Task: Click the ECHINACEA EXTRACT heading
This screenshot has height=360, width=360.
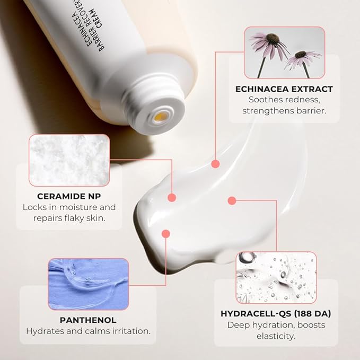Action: (x=284, y=89)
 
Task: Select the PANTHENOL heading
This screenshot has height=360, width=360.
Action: (x=88, y=320)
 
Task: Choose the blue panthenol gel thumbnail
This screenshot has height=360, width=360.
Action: (x=88, y=284)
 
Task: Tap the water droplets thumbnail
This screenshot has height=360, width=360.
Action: (x=276, y=277)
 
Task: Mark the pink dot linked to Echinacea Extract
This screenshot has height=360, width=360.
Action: (x=215, y=164)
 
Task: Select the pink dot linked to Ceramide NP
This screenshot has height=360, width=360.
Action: (x=172, y=197)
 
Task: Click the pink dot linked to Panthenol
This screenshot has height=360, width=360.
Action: (x=165, y=233)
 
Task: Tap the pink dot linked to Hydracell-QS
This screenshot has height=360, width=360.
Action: (x=231, y=200)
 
